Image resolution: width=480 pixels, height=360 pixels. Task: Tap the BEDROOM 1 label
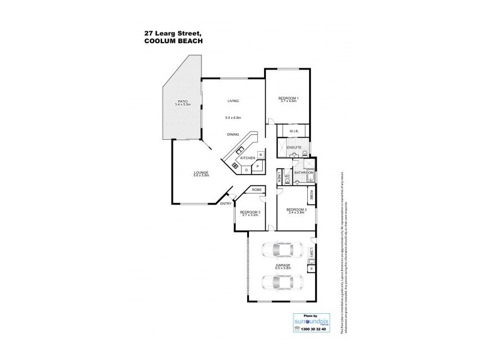pos(289,98)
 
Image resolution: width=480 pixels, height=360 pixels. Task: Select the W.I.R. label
pos(294,131)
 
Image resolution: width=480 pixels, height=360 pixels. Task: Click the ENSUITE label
pos(294,147)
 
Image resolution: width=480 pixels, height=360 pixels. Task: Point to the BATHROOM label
pos(303,173)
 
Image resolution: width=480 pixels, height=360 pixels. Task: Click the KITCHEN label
pos(248,158)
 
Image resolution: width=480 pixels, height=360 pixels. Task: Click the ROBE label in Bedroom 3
pos(256,190)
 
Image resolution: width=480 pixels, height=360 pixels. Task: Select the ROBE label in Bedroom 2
pos(312,196)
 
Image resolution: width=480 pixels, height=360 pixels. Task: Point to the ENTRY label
pos(226,204)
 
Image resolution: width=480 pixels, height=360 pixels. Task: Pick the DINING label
pos(233,134)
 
